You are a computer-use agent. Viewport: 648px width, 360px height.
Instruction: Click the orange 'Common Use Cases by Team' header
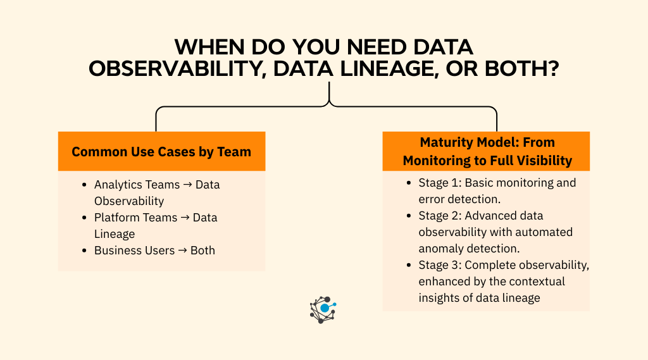point(161,152)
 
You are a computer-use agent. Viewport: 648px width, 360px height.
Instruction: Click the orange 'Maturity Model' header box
point(486,151)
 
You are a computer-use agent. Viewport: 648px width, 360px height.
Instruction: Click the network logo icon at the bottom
point(323,309)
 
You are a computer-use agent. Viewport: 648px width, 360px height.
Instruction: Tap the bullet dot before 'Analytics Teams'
point(84,185)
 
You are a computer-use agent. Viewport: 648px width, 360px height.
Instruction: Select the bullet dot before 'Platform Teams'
point(84,218)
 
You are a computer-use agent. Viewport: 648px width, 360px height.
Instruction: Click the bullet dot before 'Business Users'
point(84,251)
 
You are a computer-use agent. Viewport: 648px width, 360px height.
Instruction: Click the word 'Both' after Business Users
point(202,251)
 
